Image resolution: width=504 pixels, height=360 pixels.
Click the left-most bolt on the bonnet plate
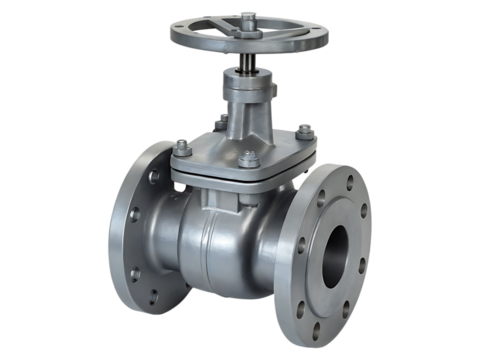point(181,146)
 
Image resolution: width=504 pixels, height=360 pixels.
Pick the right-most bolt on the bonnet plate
point(306,129)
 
